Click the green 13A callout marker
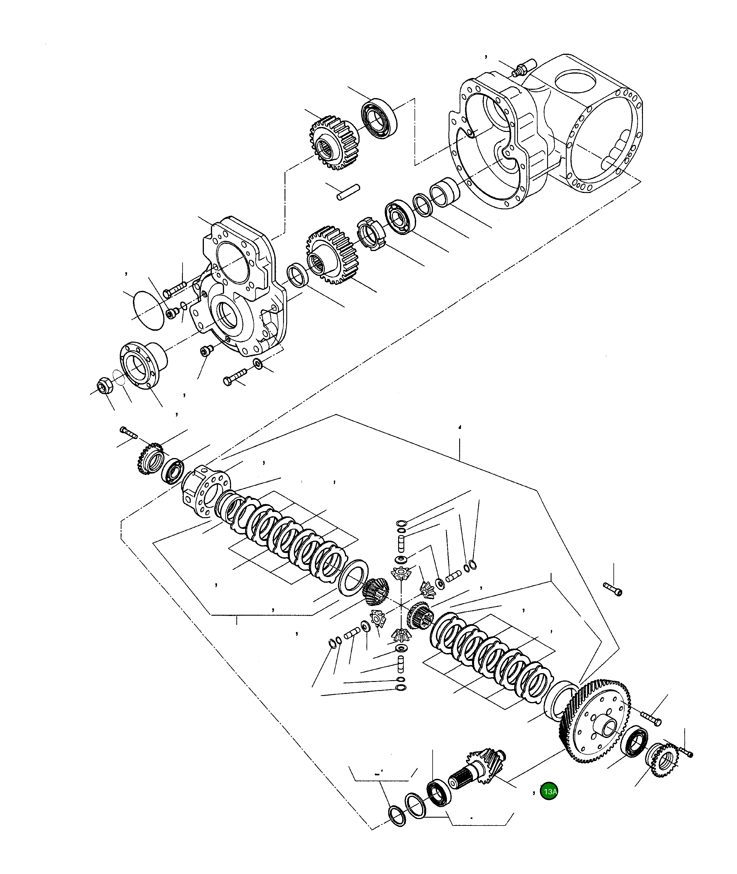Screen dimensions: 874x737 (x=549, y=791)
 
